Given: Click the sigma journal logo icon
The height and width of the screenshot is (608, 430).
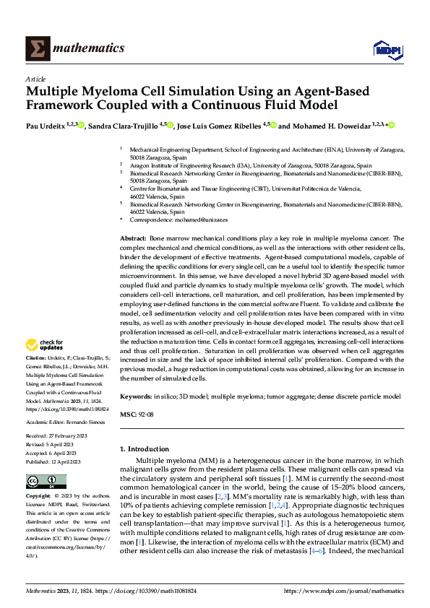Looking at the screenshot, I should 36,48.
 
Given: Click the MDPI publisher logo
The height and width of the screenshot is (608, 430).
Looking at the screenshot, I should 385,48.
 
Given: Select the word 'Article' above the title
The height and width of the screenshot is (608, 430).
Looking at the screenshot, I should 35,79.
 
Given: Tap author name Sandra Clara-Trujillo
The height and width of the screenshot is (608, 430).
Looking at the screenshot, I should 122,126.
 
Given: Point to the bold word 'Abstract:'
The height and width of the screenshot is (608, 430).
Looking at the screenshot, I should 133,238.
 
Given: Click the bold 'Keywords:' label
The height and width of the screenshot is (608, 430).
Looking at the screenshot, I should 135,397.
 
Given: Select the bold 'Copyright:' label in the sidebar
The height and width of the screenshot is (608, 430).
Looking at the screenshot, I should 38,497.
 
